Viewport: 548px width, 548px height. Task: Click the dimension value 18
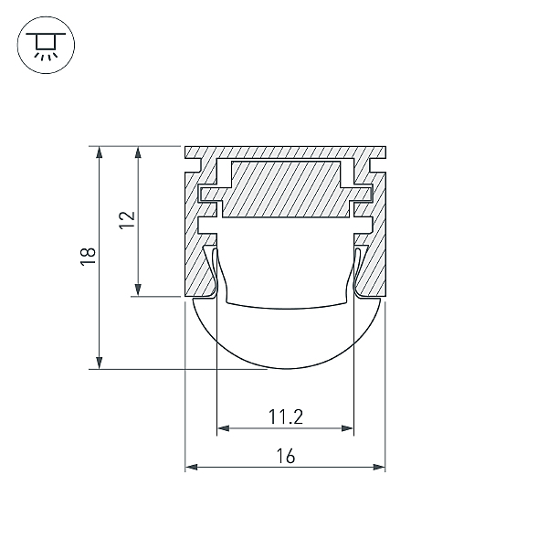[x=88, y=257]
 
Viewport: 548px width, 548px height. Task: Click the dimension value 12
[x=127, y=220]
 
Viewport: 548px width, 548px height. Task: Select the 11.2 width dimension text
[x=286, y=417]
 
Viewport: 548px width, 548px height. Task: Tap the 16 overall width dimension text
[x=286, y=456]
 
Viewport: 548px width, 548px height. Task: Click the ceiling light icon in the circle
[x=46, y=46]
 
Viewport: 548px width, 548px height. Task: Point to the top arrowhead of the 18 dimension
[x=100, y=153]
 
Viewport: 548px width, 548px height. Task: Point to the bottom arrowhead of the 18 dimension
[x=100, y=363]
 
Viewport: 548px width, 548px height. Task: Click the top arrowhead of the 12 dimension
[x=138, y=153]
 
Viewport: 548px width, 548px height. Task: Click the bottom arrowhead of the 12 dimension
[x=138, y=290]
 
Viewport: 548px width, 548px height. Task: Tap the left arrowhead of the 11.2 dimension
[x=224, y=428]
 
